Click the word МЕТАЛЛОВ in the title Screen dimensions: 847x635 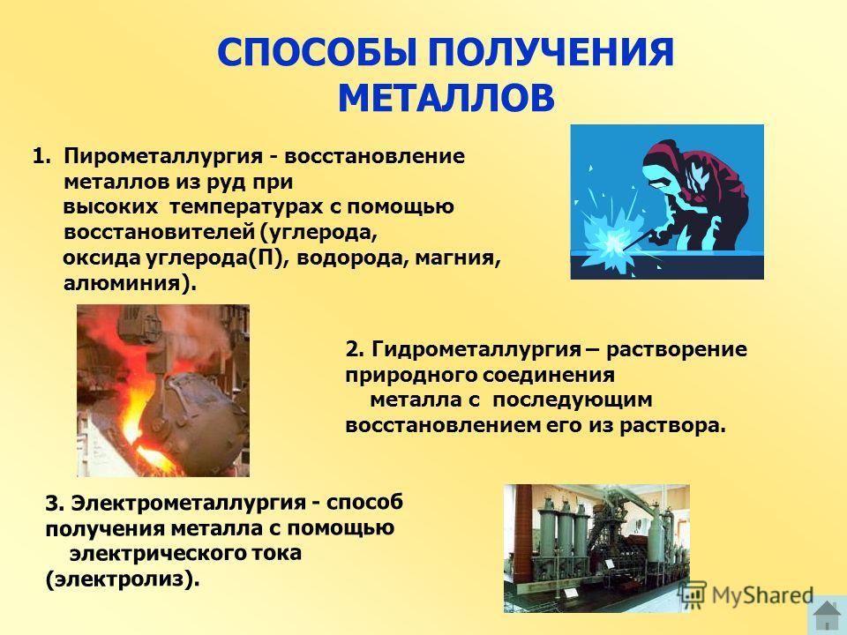coord(446,98)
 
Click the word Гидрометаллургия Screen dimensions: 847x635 coord(476,350)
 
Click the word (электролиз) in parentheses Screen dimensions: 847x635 coord(123,579)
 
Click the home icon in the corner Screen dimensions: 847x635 coord(827,616)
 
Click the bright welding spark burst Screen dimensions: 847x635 coord(610,242)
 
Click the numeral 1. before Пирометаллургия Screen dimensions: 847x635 coord(41,157)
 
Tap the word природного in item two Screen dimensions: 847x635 coord(409,376)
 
